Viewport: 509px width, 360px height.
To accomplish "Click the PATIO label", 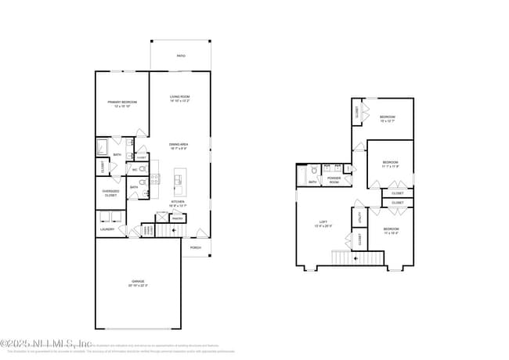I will [181, 56].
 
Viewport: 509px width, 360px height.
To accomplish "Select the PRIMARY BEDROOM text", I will [122, 103].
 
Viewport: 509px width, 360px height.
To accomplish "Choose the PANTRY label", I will [178, 218].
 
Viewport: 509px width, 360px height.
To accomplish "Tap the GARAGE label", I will [138, 283].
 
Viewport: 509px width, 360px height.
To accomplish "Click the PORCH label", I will [196, 248].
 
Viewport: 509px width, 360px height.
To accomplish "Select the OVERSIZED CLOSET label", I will [110, 193].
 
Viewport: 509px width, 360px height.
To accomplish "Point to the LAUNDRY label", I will [107, 229].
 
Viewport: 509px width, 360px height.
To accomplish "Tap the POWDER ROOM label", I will [334, 180].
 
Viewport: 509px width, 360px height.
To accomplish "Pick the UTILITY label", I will [360, 218].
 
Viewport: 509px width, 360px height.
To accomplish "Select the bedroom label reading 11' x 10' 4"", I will [391, 231].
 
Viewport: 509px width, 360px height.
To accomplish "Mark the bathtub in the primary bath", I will [103, 147].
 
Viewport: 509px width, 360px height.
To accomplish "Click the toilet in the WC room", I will [143, 168].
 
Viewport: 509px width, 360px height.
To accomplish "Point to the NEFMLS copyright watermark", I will [46, 344].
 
